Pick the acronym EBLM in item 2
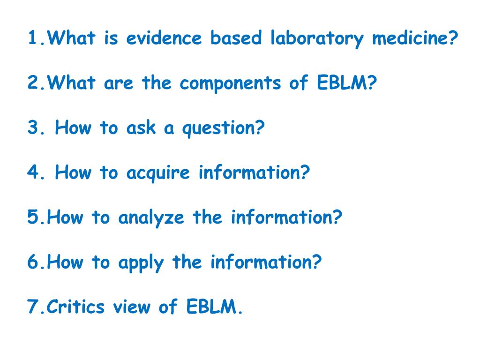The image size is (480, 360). pos(347,83)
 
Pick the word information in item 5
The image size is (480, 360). pos(286,218)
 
